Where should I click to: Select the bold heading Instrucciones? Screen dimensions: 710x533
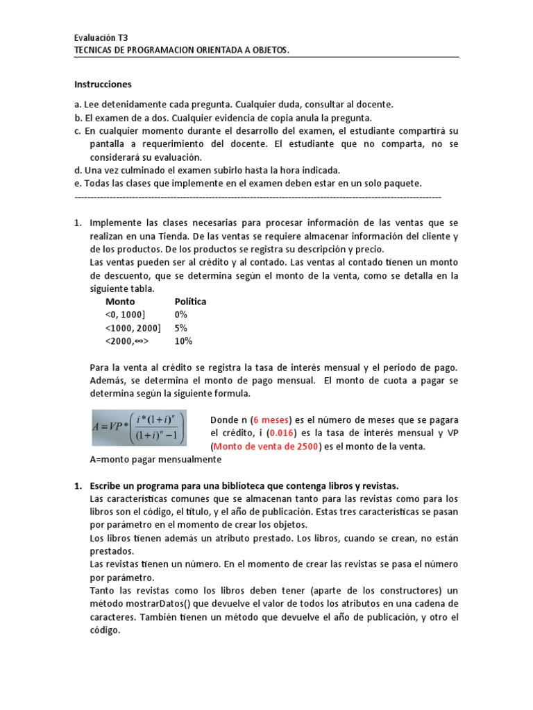[x=103, y=84]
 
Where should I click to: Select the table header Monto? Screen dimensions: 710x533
[x=120, y=302]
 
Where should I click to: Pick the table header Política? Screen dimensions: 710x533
[x=191, y=302]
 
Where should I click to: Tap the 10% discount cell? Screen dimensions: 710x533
[x=185, y=341]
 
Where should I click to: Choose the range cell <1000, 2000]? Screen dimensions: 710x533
[x=133, y=328]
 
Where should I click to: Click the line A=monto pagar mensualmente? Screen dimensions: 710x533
[x=155, y=459]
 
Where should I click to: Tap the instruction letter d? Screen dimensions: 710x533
[x=77, y=170]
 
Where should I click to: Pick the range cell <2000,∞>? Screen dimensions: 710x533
[x=128, y=341]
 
